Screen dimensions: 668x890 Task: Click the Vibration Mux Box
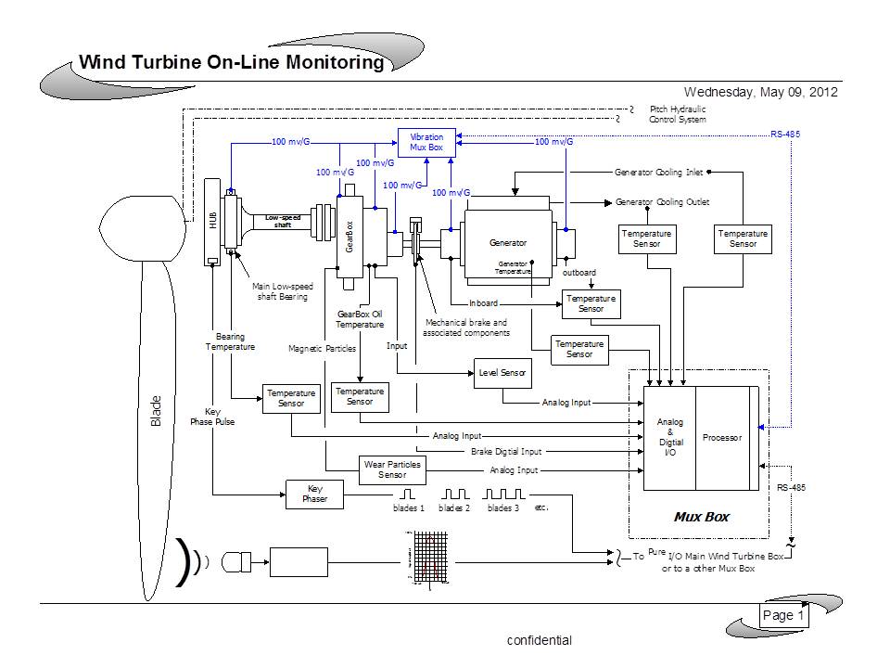pyautogui.click(x=426, y=143)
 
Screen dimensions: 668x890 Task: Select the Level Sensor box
pyautogui.click(x=502, y=373)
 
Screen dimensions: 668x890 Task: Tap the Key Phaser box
pyautogui.click(x=313, y=494)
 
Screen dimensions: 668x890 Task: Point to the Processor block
pyautogui.click(x=721, y=438)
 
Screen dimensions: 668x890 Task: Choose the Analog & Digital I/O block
pyautogui.click(x=669, y=438)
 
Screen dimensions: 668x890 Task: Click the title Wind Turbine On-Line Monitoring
pyautogui.click(x=231, y=63)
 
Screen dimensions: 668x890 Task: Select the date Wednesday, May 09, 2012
pyautogui.click(x=760, y=92)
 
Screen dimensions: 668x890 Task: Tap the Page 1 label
pyautogui.click(x=783, y=615)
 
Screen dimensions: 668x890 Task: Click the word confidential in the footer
pyautogui.click(x=539, y=640)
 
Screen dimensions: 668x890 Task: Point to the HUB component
pyautogui.click(x=212, y=223)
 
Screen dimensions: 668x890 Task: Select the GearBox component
pyautogui.click(x=350, y=236)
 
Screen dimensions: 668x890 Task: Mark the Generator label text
pyautogui.click(x=507, y=243)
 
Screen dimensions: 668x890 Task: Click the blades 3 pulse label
pyautogui.click(x=503, y=508)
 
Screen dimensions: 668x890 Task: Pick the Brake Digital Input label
pyautogui.click(x=505, y=452)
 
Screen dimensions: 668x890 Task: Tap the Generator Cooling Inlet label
pyautogui.click(x=658, y=172)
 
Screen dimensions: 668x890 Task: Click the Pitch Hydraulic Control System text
pyautogui.click(x=678, y=114)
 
